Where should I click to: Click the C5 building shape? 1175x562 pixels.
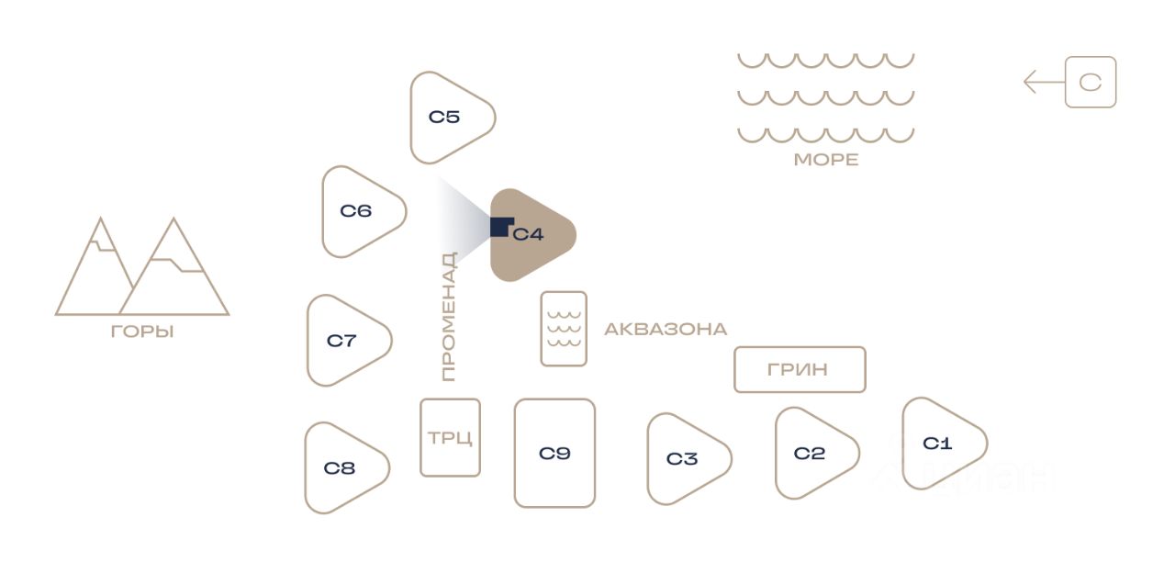click(x=447, y=118)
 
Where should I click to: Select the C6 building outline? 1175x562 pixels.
click(x=359, y=211)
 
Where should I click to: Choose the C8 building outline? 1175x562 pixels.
click(x=341, y=467)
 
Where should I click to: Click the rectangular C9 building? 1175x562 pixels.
click(x=554, y=453)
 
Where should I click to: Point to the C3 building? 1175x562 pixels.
click(x=684, y=458)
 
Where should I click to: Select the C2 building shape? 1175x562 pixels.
click(x=811, y=453)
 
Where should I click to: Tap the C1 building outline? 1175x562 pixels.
click(x=939, y=444)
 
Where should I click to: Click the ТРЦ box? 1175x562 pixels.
click(x=450, y=437)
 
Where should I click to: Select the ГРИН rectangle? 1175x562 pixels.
click(x=800, y=369)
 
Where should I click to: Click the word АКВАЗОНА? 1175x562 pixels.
click(x=665, y=329)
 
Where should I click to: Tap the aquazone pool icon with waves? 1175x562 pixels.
click(x=564, y=329)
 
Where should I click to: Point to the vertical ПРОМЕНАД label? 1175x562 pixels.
click(x=448, y=317)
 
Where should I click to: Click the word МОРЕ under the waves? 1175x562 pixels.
click(x=825, y=160)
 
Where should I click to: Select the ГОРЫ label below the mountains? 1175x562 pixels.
click(x=142, y=332)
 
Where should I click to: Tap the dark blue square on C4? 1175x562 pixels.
click(x=501, y=227)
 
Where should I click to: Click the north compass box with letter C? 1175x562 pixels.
click(x=1091, y=83)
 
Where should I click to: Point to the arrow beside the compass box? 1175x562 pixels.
click(x=1043, y=83)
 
